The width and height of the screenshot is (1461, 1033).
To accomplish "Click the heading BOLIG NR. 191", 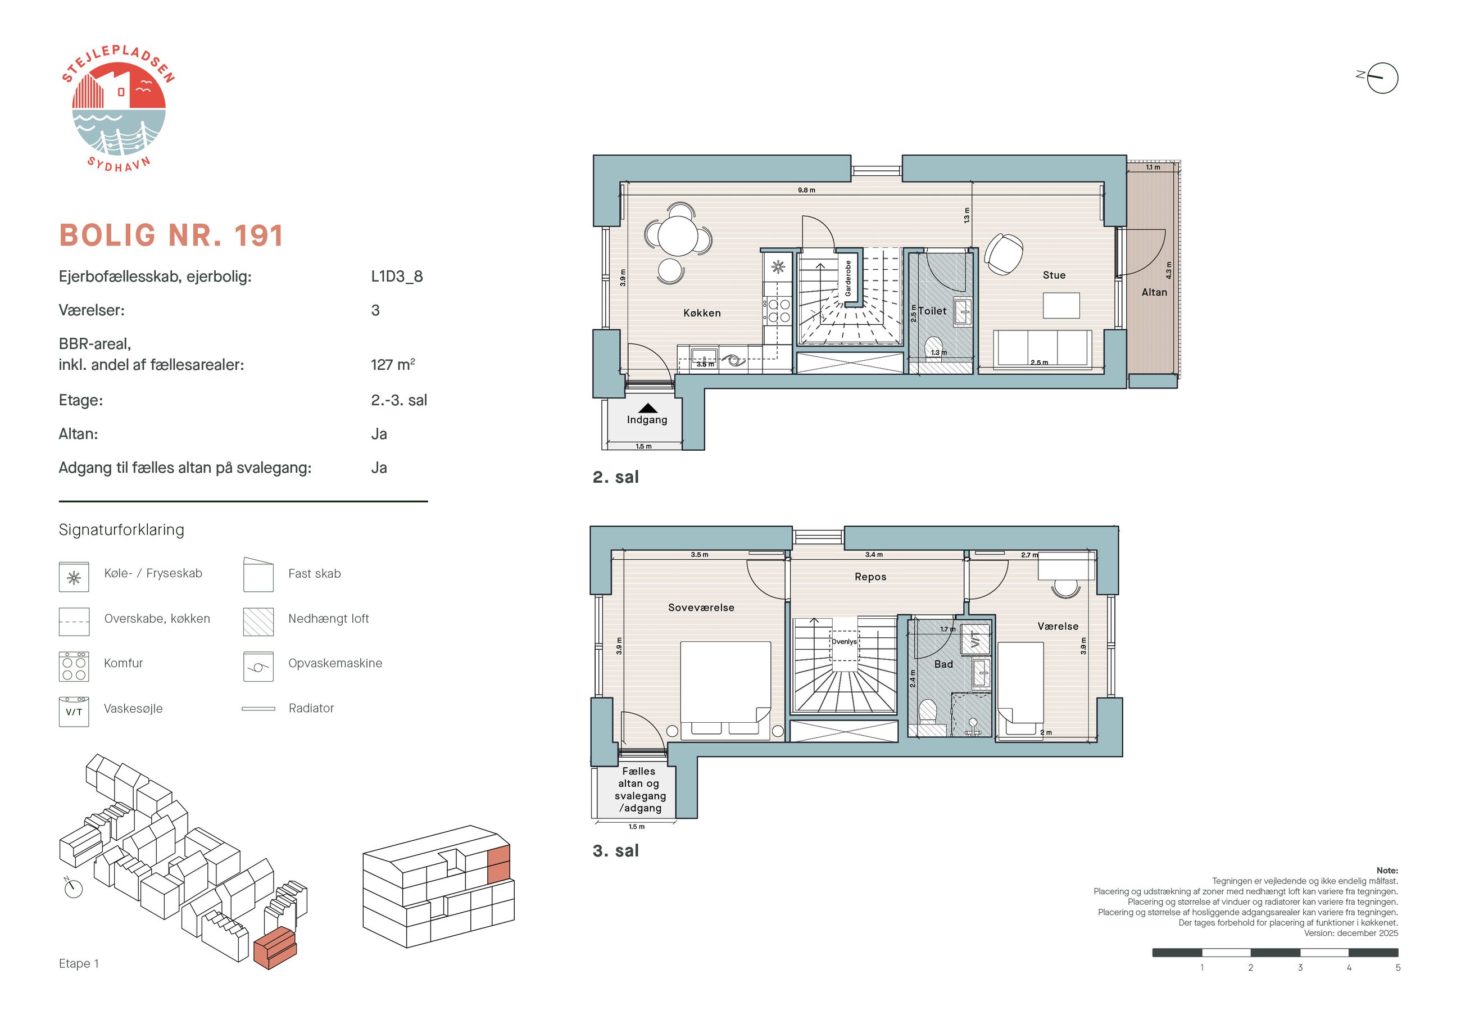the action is (171, 235).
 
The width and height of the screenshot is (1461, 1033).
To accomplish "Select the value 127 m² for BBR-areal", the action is (393, 365).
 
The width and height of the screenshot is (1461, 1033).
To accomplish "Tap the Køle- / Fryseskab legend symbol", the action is (74, 577).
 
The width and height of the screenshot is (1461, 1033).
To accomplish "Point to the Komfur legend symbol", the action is (74, 667).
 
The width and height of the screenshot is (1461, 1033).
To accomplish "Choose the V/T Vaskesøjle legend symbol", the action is (74, 712).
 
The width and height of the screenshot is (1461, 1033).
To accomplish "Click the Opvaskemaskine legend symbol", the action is (258, 667).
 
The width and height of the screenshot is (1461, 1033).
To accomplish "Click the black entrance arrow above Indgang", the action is (647, 408).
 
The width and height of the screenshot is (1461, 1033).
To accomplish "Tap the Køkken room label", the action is (702, 313).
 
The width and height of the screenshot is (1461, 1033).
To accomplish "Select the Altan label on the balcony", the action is (1154, 292).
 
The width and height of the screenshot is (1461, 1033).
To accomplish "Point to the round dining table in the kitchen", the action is (678, 236).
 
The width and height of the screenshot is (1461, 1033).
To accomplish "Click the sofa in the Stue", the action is (1042, 349).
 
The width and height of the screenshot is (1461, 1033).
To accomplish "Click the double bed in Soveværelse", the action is (725, 691).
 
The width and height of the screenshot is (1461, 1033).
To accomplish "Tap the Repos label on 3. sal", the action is (870, 577).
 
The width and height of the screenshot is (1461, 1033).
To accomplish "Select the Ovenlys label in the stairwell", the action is (844, 642).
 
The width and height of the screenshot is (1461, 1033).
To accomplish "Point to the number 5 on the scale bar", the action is (1398, 967).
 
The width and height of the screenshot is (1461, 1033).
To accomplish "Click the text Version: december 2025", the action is (1351, 933).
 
